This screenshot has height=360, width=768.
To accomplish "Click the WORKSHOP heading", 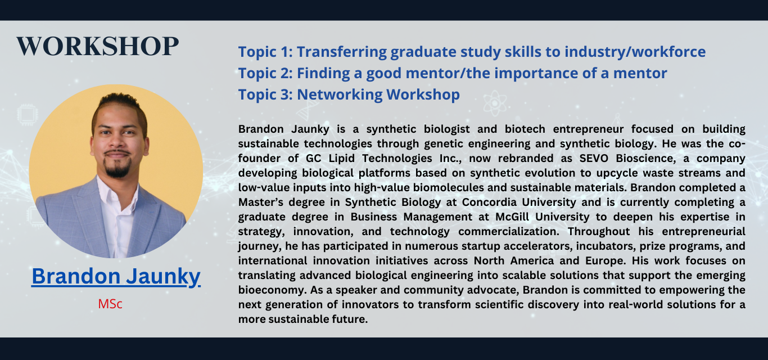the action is [x=98, y=46].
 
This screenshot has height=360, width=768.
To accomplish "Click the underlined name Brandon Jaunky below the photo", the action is [x=116, y=276].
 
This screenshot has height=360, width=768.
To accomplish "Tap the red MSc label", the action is [x=110, y=304].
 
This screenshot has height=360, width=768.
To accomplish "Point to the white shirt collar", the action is [x=113, y=192].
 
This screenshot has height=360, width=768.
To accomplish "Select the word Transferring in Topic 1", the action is [x=341, y=52].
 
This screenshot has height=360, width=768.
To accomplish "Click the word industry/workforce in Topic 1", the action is [x=635, y=52].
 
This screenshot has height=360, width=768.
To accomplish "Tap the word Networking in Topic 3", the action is [x=340, y=95].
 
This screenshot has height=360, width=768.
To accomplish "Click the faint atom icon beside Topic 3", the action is [x=494, y=103].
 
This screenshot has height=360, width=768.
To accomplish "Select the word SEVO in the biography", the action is [x=594, y=158].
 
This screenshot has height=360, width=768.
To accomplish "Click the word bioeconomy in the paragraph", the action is [x=272, y=290].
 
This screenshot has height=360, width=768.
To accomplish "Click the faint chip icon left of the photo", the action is [x=28, y=114].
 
